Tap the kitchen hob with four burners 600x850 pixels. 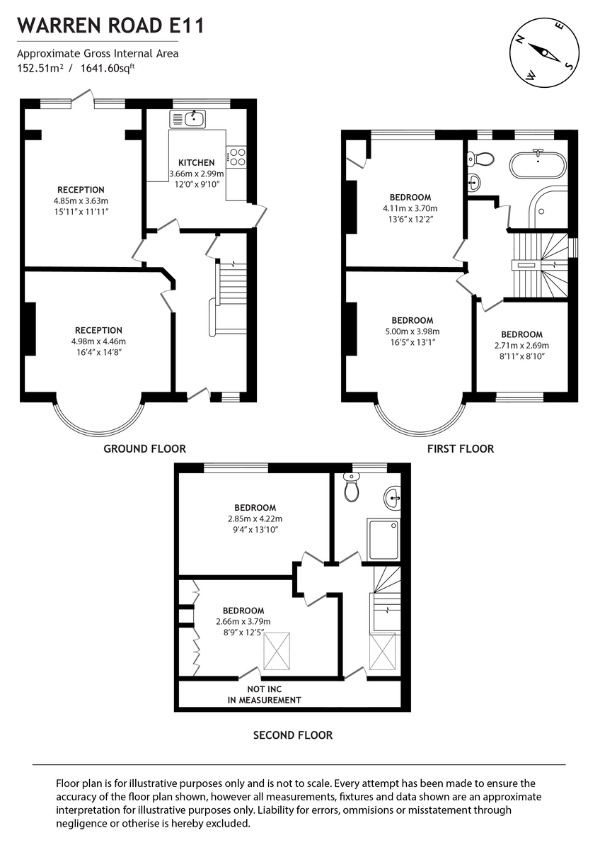pyautogui.click(x=236, y=157)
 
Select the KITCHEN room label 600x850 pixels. pyautogui.click(x=196, y=163)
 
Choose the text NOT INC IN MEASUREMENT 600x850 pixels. pyautogui.click(x=264, y=695)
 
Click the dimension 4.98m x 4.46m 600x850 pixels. pyautogui.click(x=98, y=341)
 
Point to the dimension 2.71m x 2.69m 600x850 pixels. pyautogui.click(x=522, y=346)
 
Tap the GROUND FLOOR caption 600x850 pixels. pyautogui.click(x=144, y=448)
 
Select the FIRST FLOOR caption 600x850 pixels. pyautogui.click(x=460, y=448)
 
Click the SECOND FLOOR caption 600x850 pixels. pyautogui.click(x=293, y=735)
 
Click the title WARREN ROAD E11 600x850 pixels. pyautogui.click(x=110, y=27)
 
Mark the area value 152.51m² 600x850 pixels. pyautogui.click(x=40, y=69)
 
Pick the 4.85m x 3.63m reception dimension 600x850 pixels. pyautogui.click(x=81, y=201)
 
